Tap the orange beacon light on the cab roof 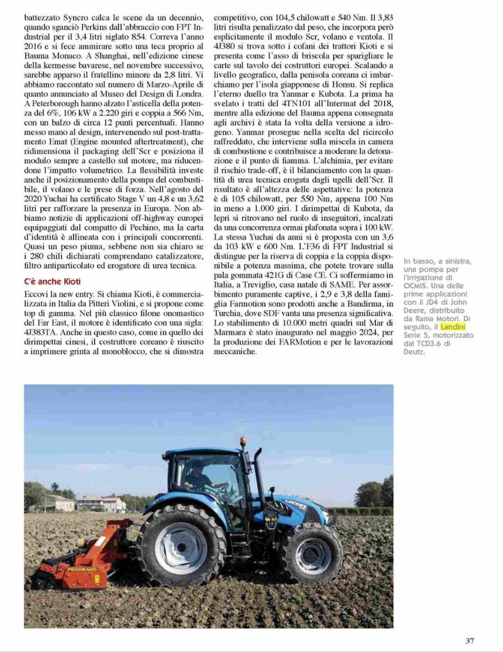coord(243,442)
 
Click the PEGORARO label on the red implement coord(82,569)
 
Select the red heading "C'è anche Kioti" coord(52,281)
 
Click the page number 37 coord(470,640)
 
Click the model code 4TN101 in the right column coord(284,104)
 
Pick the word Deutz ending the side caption coord(414,352)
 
